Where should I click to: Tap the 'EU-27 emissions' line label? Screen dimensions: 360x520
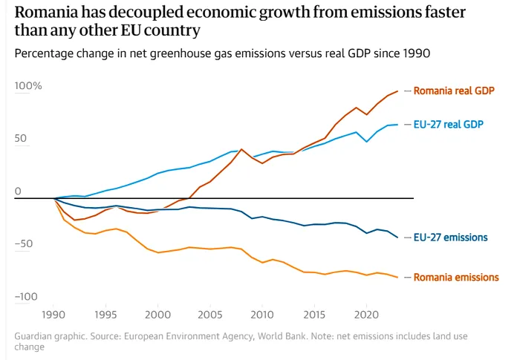450,238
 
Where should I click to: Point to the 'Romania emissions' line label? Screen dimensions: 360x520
456,277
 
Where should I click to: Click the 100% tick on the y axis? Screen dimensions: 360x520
29,86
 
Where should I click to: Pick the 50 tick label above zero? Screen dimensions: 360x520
22,139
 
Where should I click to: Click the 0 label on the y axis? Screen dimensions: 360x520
18,192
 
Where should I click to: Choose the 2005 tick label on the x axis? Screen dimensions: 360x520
211,314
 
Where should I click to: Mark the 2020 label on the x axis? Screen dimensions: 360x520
367,314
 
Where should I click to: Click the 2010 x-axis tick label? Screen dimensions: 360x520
263,314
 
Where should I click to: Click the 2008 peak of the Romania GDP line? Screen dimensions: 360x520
241,149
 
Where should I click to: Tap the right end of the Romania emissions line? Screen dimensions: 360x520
397,278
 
